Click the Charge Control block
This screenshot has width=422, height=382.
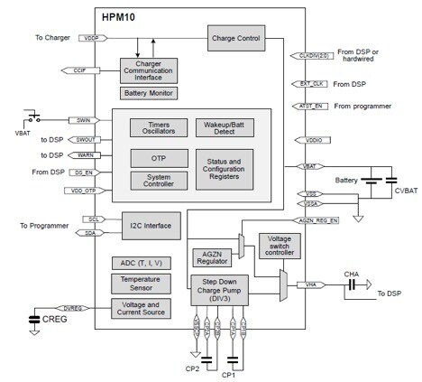pyautogui.click(x=236, y=39)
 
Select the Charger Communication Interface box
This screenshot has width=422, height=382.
pyautogui.click(x=149, y=70)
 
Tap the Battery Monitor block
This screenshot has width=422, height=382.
pyautogui.click(x=149, y=93)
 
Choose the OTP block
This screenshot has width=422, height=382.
pyautogui.click(x=159, y=156)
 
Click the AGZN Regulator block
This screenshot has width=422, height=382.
pyautogui.click(x=210, y=259)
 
